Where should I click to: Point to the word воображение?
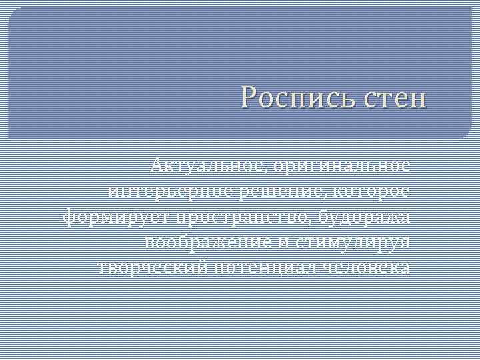click(207, 243)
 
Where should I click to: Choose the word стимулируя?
click(353, 243)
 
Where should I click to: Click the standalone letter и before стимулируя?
click(284, 243)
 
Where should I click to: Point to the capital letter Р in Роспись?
click(250, 99)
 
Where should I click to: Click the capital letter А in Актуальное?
click(157, 164)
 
